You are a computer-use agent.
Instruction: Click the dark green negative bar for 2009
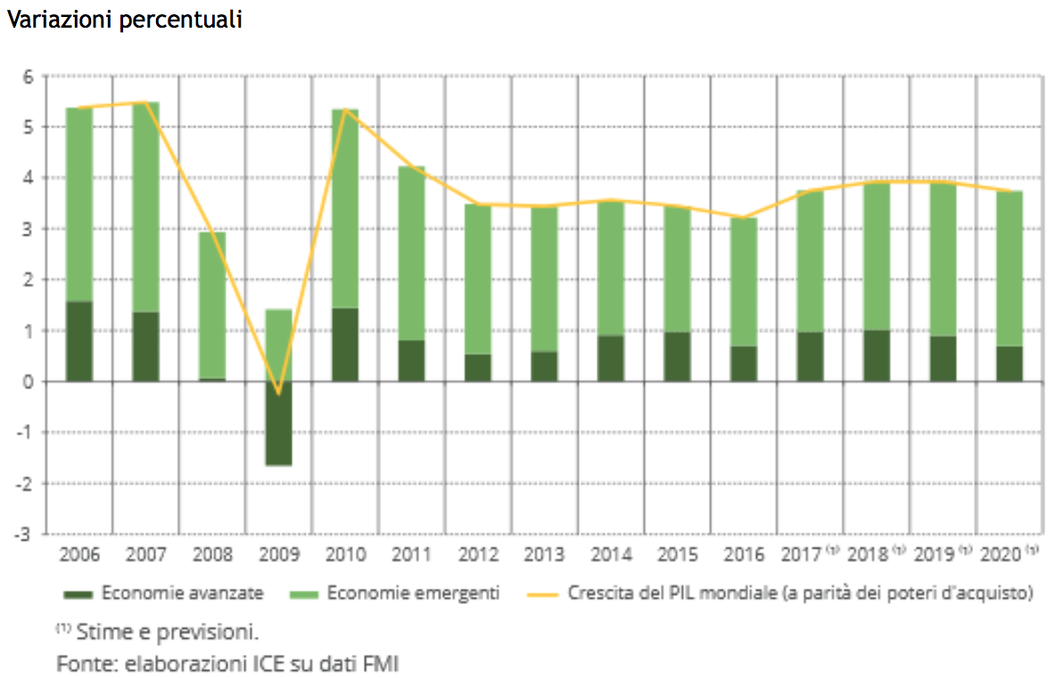point(278,423)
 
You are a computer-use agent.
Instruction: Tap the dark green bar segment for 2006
point(79,342)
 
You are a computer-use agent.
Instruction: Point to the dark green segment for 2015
point(678,357)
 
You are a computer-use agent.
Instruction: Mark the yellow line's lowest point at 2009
point(278,393)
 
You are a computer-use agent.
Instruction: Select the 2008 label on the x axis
point(212,554)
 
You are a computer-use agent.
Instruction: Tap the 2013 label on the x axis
point(544,554)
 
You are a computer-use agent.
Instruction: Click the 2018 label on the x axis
point(868,554)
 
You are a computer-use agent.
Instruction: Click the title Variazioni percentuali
point(124,21)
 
